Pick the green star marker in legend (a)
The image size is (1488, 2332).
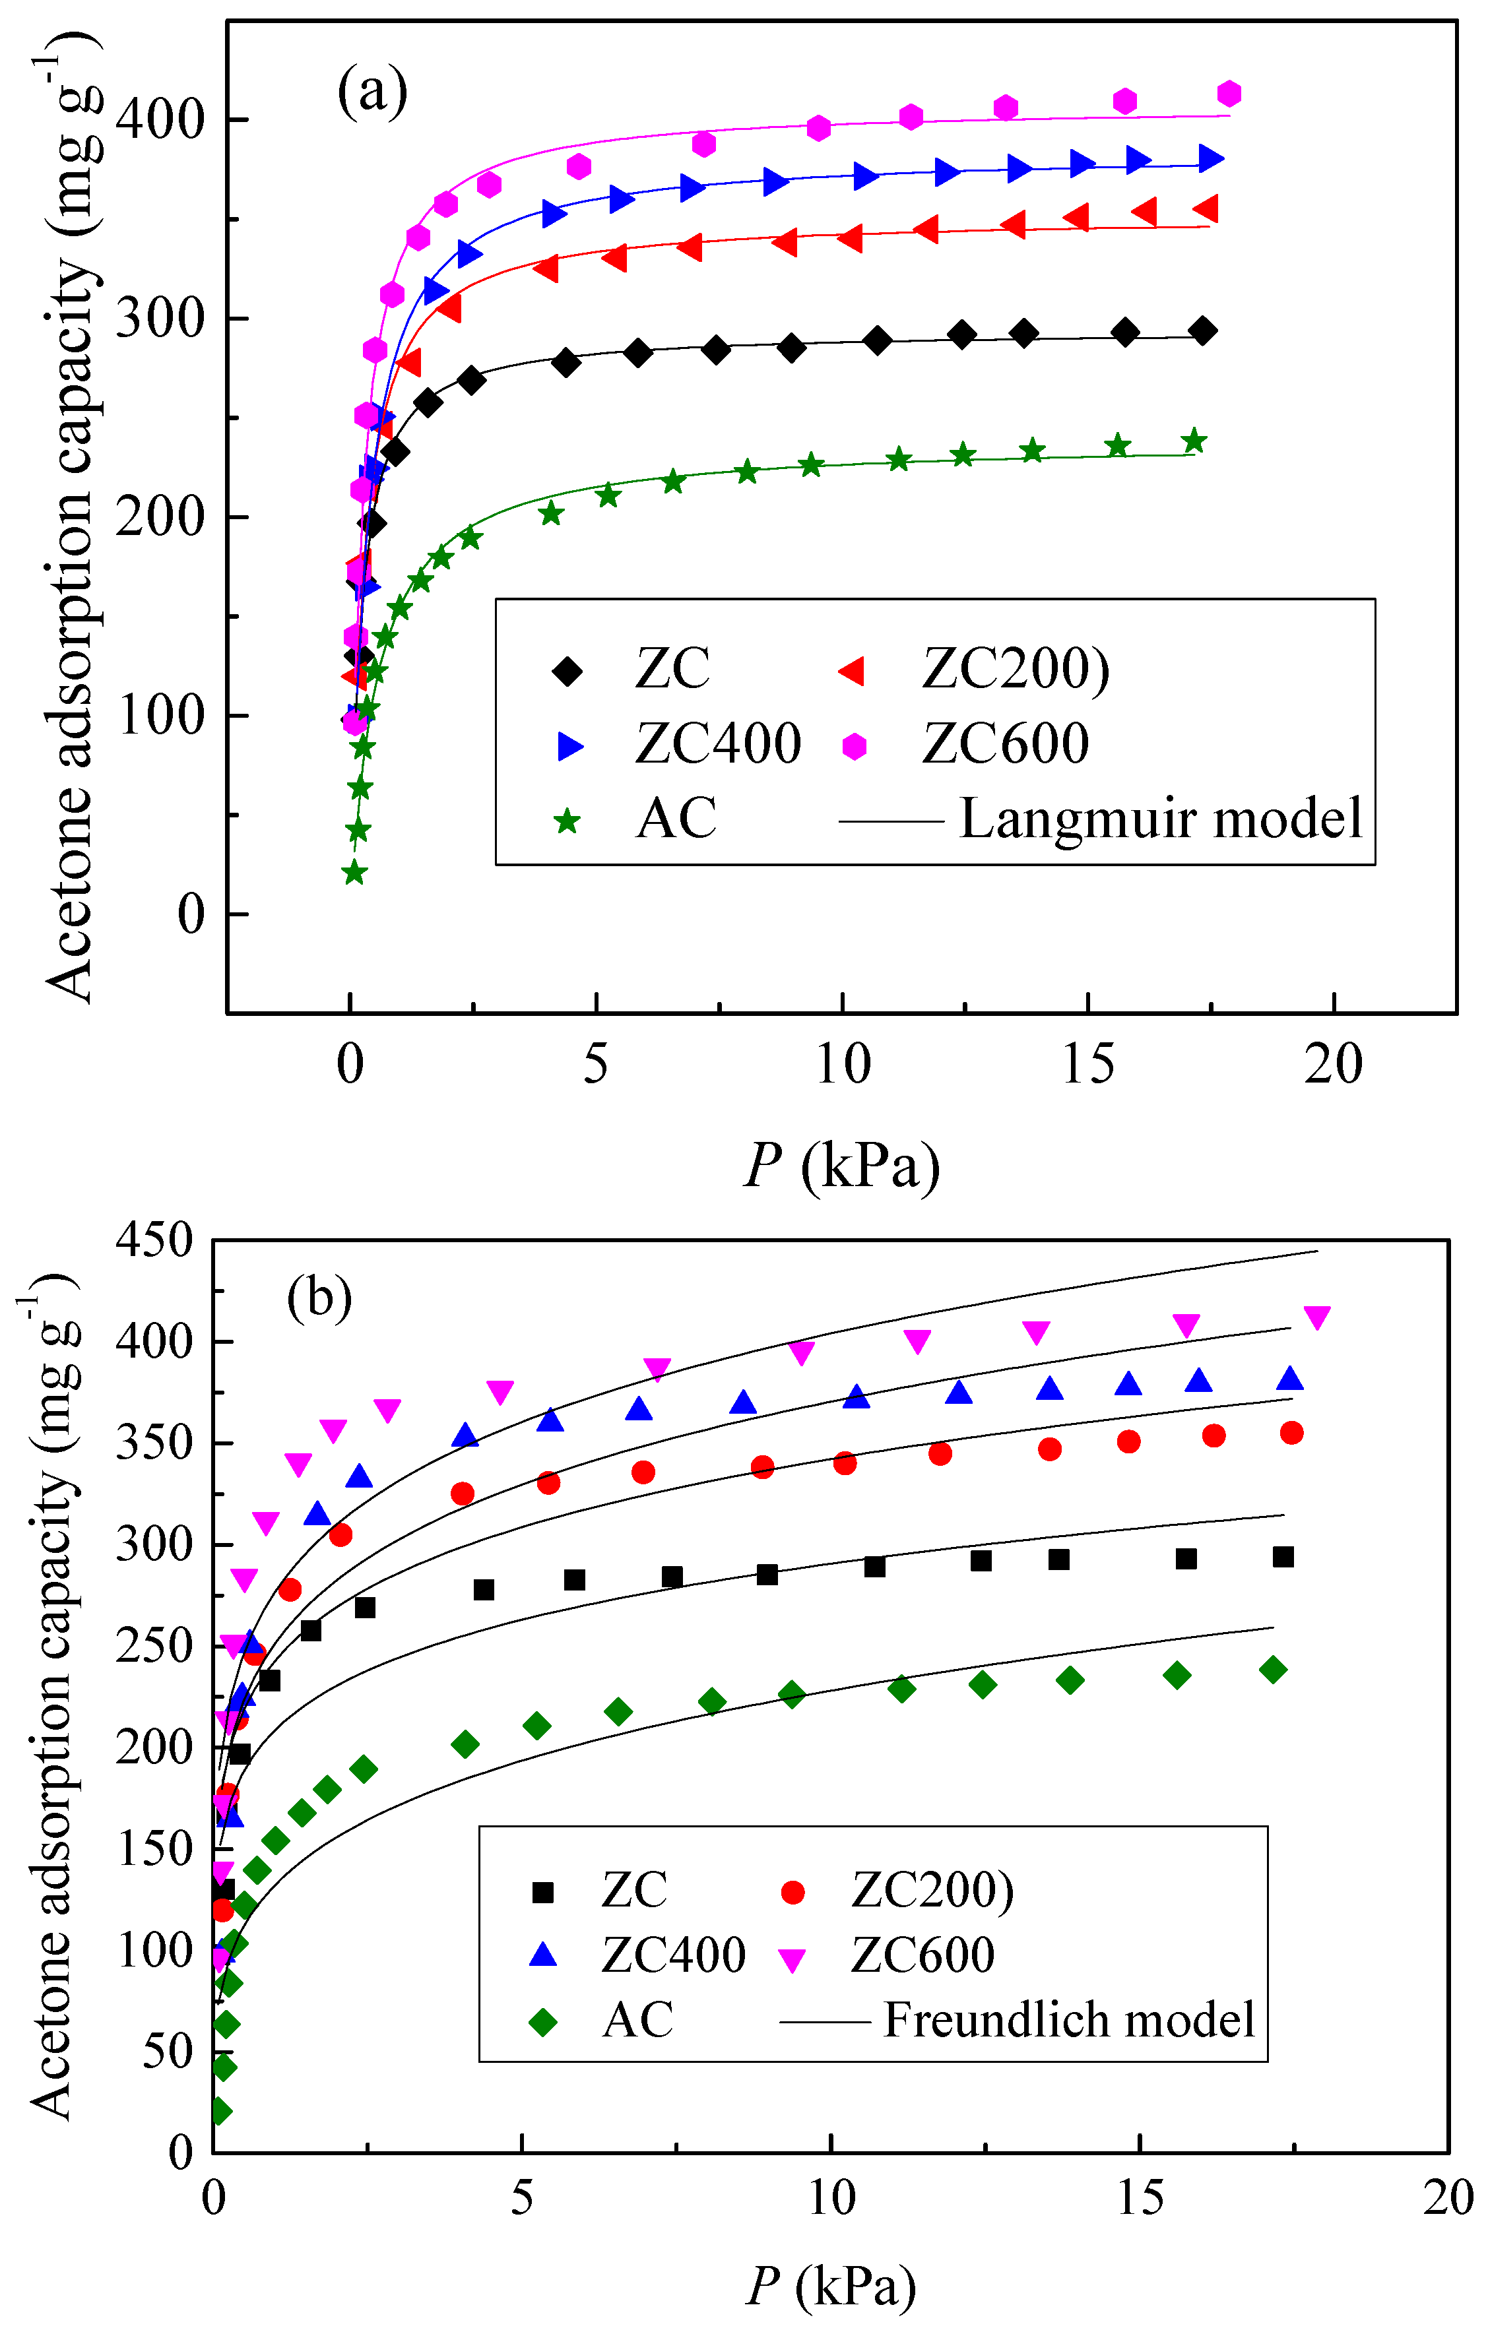[x=567, y=822]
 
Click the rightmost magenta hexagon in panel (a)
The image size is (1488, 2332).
[x=1229, y=94]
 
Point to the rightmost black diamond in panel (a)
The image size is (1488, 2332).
[x=1203, y=331]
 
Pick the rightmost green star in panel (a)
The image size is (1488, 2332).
[x=1194, y=441]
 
